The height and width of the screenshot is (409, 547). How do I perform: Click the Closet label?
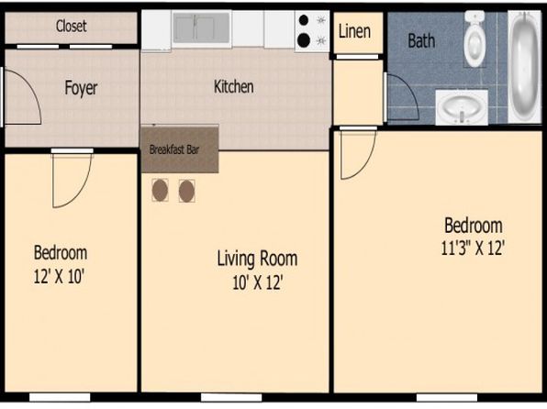(x=72, y=27)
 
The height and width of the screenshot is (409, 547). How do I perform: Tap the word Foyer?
(x=81, y=88)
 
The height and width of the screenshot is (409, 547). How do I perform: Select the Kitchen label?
(x=233, y=86)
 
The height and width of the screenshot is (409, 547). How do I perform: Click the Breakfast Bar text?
(x=174, y=149)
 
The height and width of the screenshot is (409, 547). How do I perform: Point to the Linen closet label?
(x=354, y=31)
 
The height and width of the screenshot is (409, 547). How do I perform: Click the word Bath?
(x=421, y=40)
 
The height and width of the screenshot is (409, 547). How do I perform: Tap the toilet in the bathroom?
(x=474, y=39)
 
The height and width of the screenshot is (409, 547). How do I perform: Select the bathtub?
(x=525, y=67)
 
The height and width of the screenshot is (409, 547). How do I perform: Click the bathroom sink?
(x=462, y=107)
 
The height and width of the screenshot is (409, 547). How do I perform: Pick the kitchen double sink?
(x=202, y=28)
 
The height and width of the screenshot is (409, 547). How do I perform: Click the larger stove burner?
(x=304, y=40)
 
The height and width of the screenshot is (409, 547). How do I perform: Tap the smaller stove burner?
(x=304, y=20)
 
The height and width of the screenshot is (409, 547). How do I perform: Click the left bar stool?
(x=160, y=191)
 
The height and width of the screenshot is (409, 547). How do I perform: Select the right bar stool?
(x=186, y=191)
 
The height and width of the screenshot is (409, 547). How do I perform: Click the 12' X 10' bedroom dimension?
(x=60, y=277)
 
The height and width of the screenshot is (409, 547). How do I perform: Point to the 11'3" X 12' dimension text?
(x=473, y=249)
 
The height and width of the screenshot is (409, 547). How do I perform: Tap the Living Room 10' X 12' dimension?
(x=258, y=282)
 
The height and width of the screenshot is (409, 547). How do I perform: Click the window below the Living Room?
(x=231, y=397)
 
